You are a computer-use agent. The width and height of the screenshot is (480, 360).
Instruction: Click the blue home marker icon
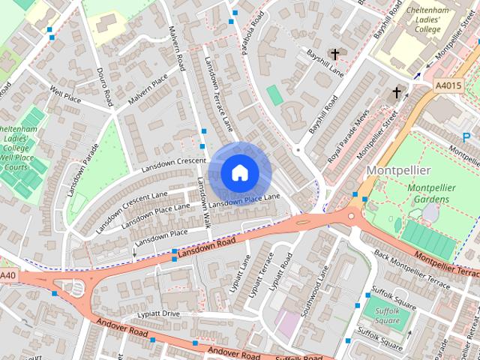(x=238, y=172)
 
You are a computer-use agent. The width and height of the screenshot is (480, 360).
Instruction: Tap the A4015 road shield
(x=448, y=86)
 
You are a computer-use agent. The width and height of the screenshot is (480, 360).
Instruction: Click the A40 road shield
(x=7, y=276)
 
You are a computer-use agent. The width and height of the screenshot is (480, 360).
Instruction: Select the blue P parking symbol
(x=466, y=137)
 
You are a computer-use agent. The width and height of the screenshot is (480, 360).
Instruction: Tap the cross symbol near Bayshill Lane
(x=334, y=54)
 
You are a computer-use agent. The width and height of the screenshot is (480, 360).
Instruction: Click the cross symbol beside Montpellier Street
(x=397, y=93)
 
